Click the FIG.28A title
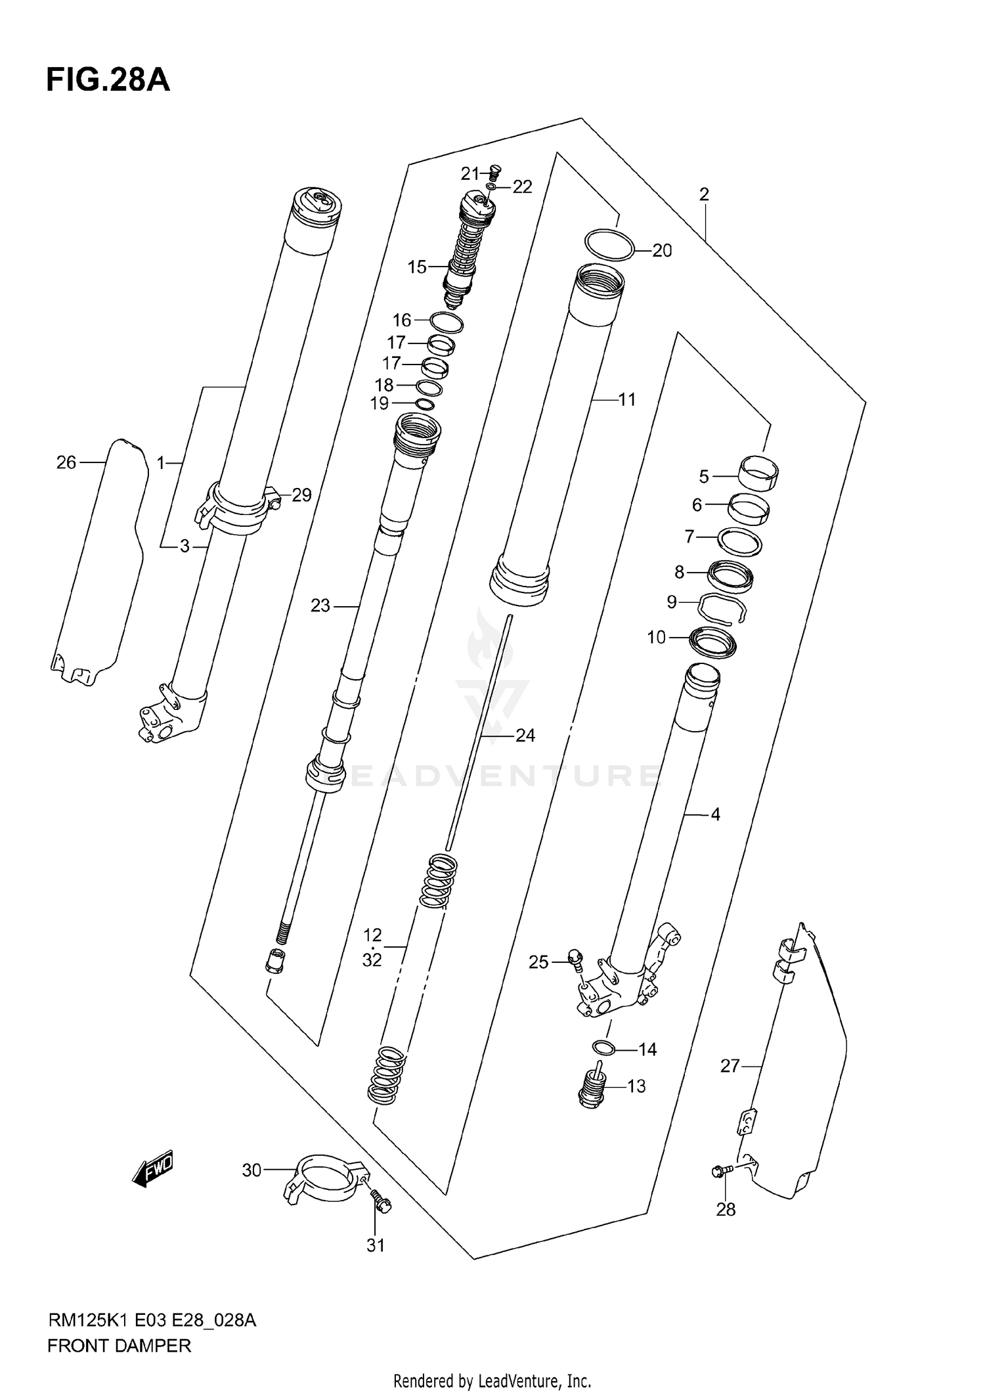point(108,81)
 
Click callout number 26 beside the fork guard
point(66,462)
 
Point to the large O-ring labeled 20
point(609,244)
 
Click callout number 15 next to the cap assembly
point(417,267)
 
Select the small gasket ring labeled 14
point(603,1047)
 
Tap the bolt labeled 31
point(380,1202)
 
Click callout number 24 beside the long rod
point(525,736)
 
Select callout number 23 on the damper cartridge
point(320,606)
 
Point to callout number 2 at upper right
point(704,194)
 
